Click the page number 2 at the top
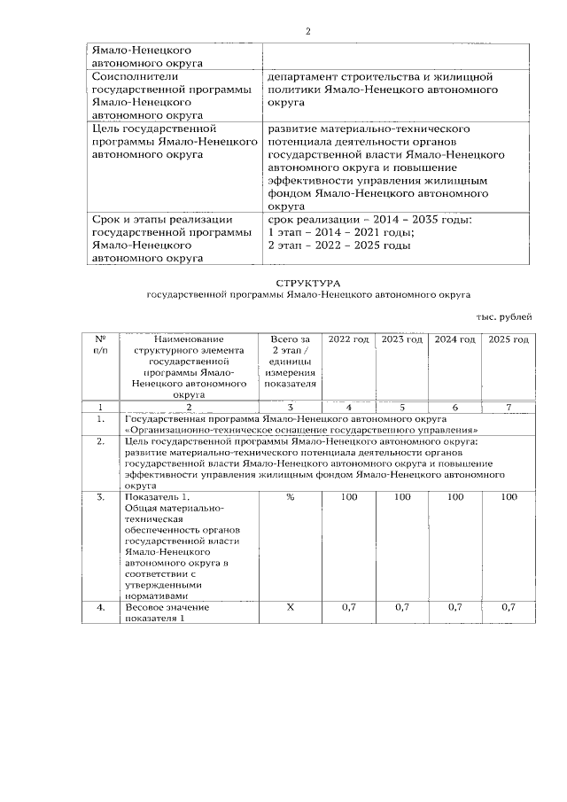(x=307, y=32)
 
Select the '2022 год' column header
(x=349, y=339)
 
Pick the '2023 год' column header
(x=402, y=339)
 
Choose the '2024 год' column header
(x=455, y=339)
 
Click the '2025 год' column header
(x=509, y=339)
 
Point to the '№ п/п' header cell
(x=101, y=345)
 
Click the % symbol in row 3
(x=290, y=498)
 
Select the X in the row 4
(x=290, y=607)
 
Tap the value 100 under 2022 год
(x=349, y=498)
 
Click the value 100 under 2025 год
(x=509, y=498)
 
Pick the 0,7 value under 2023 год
(x=402, y=607)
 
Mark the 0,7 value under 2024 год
(x=455, y=607)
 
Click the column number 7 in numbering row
(x=509, y=405)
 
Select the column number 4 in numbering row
(x=349, y=405)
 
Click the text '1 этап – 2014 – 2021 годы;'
(x=341, y=232)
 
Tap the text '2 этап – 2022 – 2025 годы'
(x=339, y=245)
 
